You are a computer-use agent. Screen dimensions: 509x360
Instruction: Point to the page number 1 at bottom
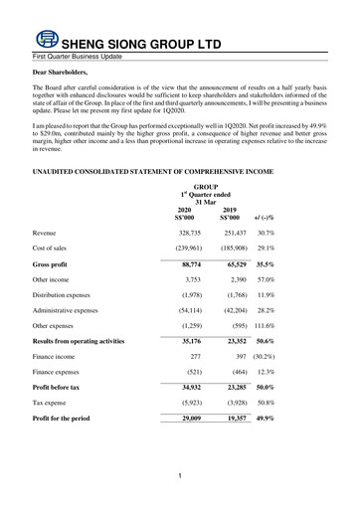(180, 478)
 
